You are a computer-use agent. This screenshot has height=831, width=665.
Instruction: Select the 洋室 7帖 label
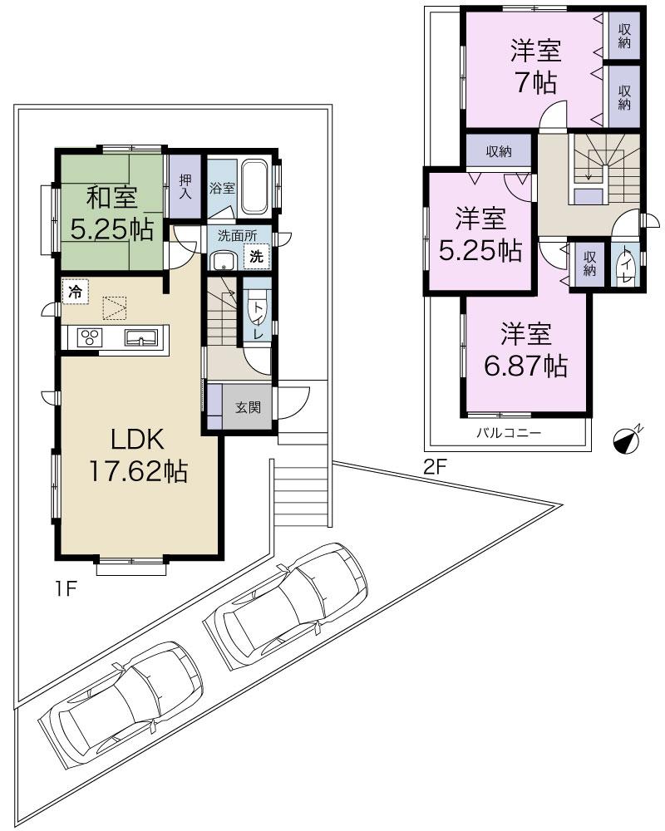535,66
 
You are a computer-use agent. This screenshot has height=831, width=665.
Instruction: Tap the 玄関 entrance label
247,408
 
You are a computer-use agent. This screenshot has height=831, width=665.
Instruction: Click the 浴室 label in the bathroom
220,188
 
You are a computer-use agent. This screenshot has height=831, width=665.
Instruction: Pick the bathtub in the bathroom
255,186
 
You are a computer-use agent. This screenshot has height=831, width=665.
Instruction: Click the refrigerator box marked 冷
75,292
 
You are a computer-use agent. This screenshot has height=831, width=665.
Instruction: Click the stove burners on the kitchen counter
89,337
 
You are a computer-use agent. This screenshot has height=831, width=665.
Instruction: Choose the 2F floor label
436,467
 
